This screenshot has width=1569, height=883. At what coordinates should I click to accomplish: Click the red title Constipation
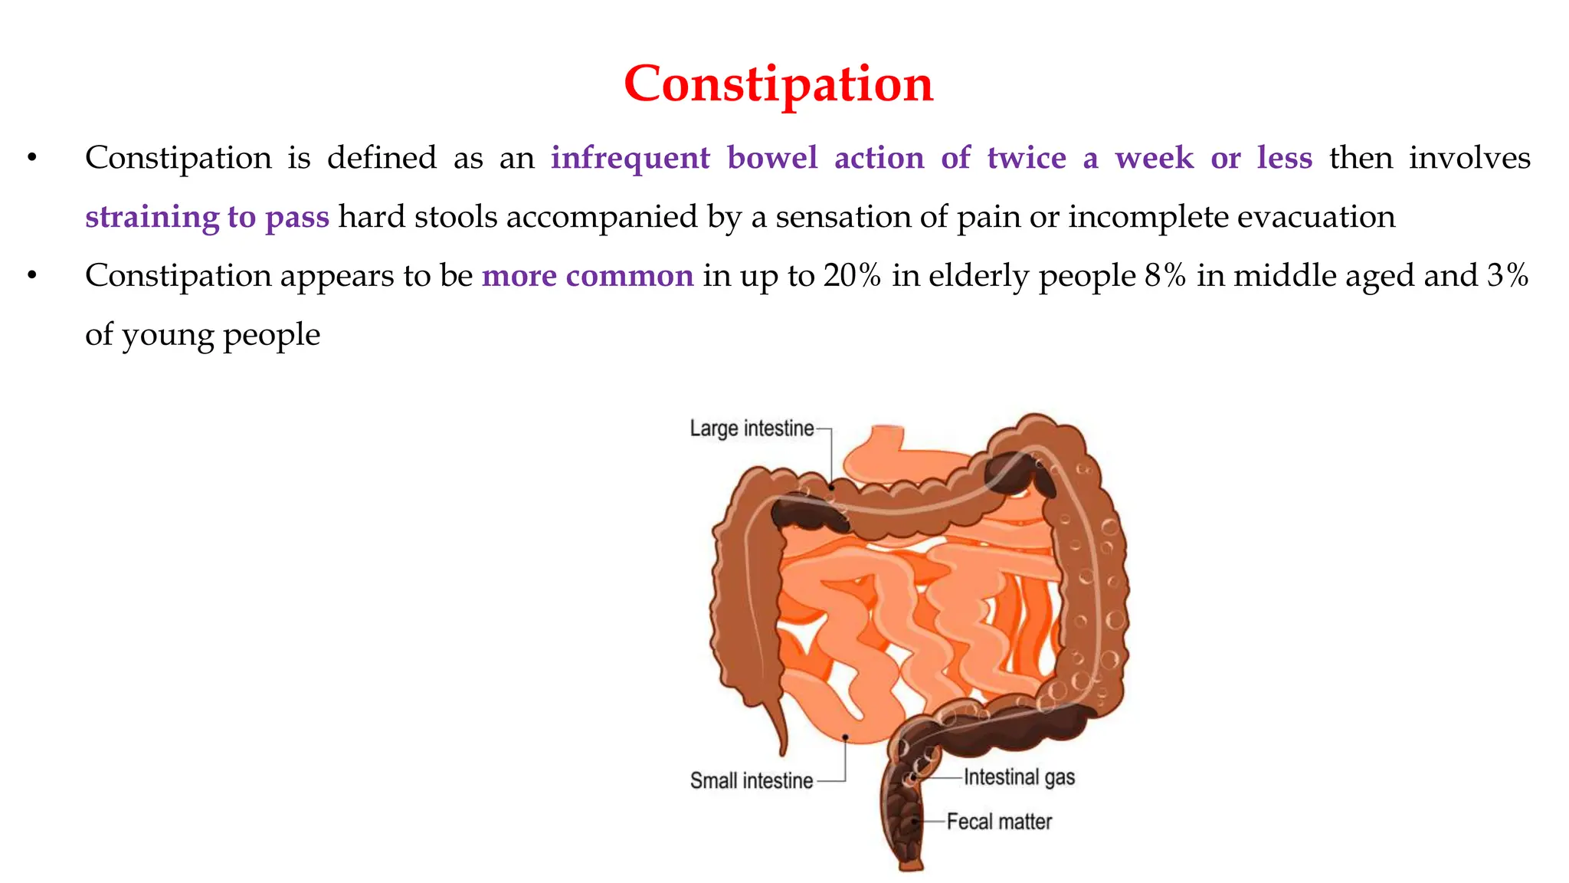point(778,84)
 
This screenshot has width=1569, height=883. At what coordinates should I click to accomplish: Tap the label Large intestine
point(752,428)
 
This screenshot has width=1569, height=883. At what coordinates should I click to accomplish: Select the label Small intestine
point(752,781)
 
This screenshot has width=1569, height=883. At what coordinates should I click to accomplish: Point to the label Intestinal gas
point(1019,777)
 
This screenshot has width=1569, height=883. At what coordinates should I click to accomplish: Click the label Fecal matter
point(999,822)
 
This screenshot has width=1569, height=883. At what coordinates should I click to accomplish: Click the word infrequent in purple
point(631,158)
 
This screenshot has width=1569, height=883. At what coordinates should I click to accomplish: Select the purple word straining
point(152,217)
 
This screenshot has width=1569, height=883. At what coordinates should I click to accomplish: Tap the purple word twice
point(1027,158)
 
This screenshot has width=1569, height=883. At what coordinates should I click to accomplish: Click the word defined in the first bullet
point(382,158)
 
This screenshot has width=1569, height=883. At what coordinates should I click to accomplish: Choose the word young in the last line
point(167,336)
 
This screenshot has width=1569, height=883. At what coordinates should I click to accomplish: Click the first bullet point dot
point(31,159)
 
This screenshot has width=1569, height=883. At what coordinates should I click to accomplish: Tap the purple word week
point(1154,158)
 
